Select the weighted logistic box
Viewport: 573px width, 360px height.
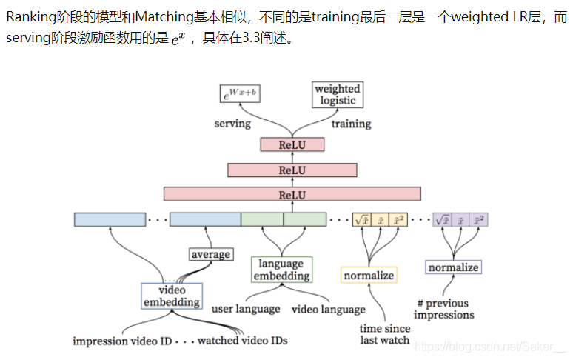[338, 94]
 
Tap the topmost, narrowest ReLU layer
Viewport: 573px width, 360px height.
[292, 145]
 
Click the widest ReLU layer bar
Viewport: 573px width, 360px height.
[292, 195]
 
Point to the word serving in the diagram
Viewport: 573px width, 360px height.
[232, 123]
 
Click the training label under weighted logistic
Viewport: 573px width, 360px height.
[351, 123]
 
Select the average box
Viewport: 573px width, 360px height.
[211, 254]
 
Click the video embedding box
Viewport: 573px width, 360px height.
[172, 296]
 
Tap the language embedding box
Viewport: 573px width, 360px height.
[281, 270]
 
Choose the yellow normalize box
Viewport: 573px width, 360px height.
[369, 276]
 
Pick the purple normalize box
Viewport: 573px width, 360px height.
[454, 267]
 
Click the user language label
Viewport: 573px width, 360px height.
[246, 309]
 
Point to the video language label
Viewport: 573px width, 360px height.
[329, 309]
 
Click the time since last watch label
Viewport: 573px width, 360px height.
[384, 334]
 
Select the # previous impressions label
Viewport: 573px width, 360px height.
[444, 310]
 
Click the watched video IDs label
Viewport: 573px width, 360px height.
[242, 341]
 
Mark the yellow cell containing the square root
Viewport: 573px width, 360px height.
[361, 220]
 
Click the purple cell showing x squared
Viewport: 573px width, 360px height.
[480, 220]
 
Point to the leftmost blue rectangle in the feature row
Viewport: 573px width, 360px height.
[110, 220]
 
